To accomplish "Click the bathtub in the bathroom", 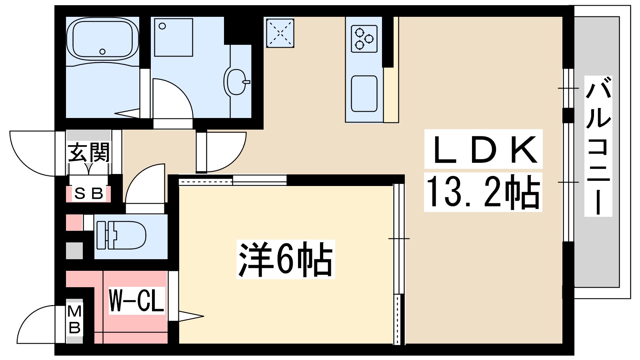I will coord(103,39).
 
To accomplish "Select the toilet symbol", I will coord(120,236).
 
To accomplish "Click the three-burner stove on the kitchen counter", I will coord(364,39).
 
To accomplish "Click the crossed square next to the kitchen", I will coord(280,33).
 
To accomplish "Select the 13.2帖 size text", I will coord(483,192).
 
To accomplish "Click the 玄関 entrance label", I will coord(88,152).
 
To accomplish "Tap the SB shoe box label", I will coord(89,194).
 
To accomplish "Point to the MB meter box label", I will coord(74,320).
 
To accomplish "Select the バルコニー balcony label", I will coord(598,146).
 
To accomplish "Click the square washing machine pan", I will coord(174,37).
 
